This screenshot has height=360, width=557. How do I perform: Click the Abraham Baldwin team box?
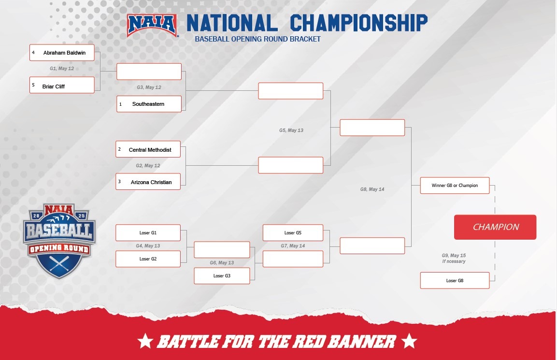click(x=62, y=53)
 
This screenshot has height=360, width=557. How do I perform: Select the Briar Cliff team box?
click(x=62, y=86)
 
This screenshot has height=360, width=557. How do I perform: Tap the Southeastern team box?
click(x=149, y=104)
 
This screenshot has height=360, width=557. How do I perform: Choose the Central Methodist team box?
click(x=149, y=150)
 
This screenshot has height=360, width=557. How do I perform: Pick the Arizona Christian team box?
click(x=149, y=182)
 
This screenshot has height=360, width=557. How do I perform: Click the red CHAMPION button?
click(x=495, y=227)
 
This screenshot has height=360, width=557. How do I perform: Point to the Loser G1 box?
click(x=148, y=233)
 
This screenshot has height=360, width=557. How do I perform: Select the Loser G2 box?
click(x=148, y=259)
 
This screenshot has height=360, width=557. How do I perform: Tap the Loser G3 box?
click(x=222, y=276)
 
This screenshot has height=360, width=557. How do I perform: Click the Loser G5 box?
click(x=293, y=233)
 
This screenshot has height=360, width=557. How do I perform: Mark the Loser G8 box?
click(x=455, y=281)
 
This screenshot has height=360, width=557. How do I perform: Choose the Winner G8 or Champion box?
click(x=455, y=186)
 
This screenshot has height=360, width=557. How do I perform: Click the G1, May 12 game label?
click(x=62, y=69)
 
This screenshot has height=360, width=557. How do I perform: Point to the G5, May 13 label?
click(x=291, y=130)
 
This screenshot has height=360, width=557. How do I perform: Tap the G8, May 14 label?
click(x=372, y=189)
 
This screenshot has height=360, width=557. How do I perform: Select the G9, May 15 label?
click(x=453, y=255)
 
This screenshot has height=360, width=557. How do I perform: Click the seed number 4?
click(x=34, y=52)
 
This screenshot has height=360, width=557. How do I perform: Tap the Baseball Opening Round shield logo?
click(x=59, y=240)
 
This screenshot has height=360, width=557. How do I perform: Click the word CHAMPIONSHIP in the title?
click(x=358, y=23)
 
